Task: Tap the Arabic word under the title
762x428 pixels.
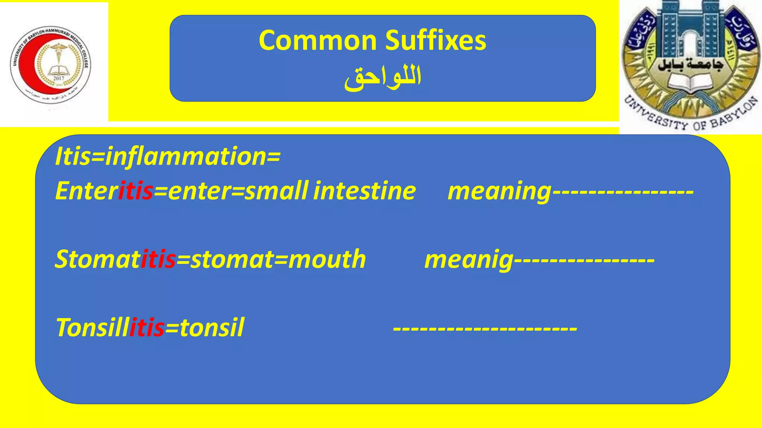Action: pos(382,77)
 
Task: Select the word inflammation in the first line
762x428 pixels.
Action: pos(185,157)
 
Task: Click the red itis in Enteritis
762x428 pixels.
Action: pos(135,191)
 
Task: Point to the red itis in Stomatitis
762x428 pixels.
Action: pos(158,259)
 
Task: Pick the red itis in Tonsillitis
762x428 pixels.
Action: pos(147,328)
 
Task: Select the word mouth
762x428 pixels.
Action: pos(327,259)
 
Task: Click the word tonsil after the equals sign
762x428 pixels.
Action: pos(212,328)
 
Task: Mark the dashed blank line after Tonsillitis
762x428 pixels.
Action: pos(485,328)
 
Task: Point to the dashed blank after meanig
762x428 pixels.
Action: pos(584,260)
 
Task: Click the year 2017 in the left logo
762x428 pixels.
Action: pos(59,78)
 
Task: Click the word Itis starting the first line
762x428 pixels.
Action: pos(73,157)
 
